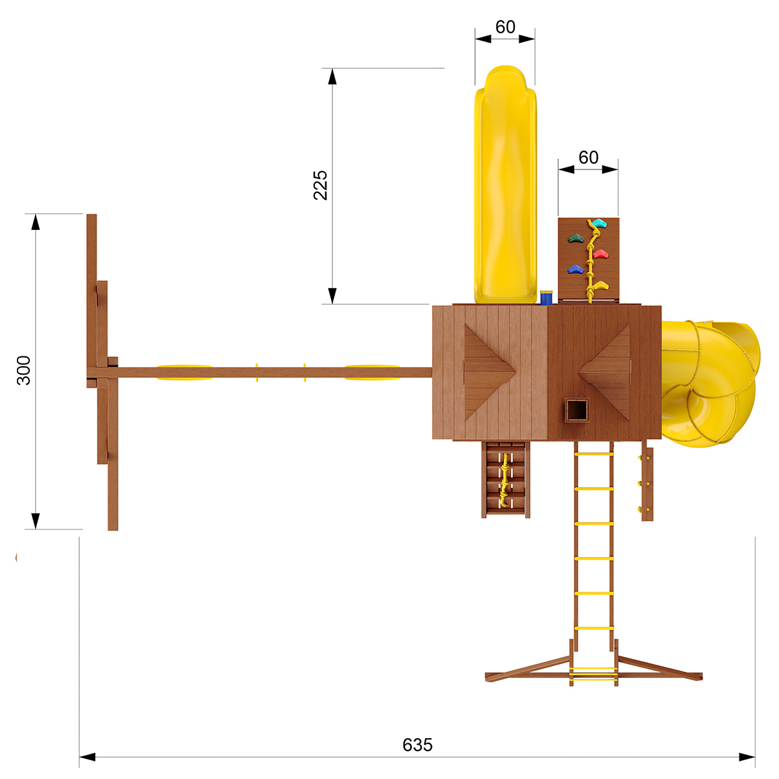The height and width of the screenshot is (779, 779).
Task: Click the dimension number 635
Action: click(x=417, y=745)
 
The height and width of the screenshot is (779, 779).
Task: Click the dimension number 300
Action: click(x=24, y=370)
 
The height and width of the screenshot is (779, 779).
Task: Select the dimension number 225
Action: click(x=320, y=185)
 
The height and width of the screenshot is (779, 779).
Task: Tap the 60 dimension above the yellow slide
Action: click(x=505, y=27)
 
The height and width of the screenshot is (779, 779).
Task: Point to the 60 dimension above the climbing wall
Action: click(x=588, y=157)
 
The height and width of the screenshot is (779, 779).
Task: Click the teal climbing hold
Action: click(x=599, y=223)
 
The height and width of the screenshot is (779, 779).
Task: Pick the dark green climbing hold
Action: click(x=576, y=238)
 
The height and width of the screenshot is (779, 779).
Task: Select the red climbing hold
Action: click(x=600, y=254)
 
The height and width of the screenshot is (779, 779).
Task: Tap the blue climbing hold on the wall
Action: click(x=576, y=269)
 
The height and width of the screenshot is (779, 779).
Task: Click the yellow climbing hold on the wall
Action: click(x=600, y=286)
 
